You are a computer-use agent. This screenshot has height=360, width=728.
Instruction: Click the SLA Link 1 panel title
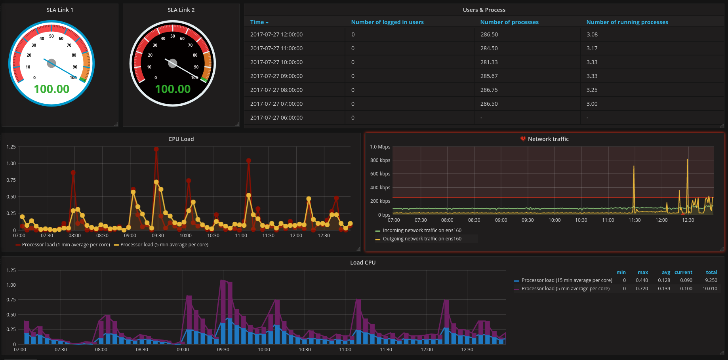tap(60, 10)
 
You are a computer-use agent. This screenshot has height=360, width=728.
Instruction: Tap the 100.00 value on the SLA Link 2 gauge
tap(173, 89)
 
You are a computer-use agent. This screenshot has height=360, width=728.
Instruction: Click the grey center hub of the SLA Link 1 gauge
tap(51, 63)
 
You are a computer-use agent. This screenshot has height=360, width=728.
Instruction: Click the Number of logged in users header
tap(387, 22)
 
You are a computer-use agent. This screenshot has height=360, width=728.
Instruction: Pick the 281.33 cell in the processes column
tap(489, 62)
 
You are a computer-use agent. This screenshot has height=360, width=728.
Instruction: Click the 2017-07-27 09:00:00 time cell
tap(276, 76)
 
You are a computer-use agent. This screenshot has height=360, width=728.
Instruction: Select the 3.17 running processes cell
tap(592, 48)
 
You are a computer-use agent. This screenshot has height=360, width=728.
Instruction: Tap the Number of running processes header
tap(627, 22)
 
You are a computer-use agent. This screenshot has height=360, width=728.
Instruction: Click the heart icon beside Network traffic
tap(523, 139)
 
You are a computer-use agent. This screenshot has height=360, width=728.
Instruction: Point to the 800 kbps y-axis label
tap(380, 160)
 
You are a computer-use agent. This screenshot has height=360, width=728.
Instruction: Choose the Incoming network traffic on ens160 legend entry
tap(422, 230)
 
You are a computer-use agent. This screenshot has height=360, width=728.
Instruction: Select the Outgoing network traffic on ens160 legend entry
tap(422, 239)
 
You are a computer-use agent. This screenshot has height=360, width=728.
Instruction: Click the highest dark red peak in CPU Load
tap(156, 149)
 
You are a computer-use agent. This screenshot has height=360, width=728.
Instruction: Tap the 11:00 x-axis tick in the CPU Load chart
tap(241, 236)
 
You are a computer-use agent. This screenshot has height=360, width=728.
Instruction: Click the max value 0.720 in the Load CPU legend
tap(642, 289)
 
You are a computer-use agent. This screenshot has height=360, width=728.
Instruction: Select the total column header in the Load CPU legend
tap(711, 272)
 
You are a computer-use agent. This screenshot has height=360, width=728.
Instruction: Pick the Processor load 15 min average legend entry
tap(566, 280)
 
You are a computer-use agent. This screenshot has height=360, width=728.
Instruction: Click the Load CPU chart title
tap(363, 263)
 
